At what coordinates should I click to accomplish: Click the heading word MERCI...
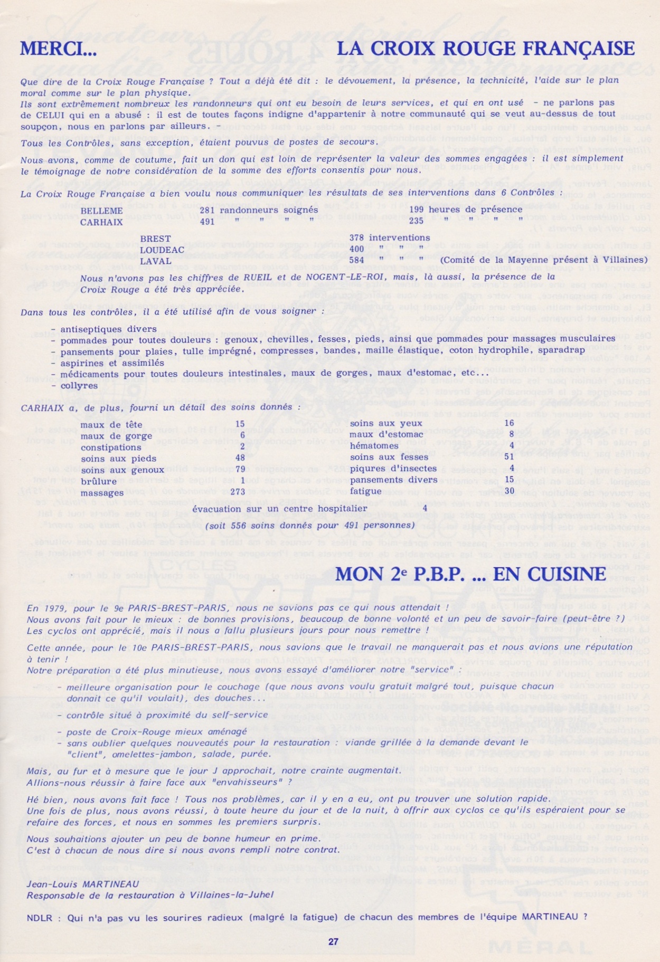point(58,49)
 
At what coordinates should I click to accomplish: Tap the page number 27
point(333,941)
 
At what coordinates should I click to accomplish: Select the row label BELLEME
point(101,211)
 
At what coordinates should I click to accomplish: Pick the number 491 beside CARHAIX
point(207,222)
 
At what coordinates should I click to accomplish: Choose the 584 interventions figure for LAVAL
point(357,260)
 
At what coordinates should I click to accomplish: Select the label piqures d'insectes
point(393,469)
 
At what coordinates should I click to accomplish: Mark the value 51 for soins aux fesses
point(508,457)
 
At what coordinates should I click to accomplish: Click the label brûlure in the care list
point(99,481)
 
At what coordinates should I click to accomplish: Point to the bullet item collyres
point(79,386)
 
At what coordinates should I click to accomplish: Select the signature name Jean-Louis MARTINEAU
point(83,884)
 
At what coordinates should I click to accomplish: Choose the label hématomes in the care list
point(374,446)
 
